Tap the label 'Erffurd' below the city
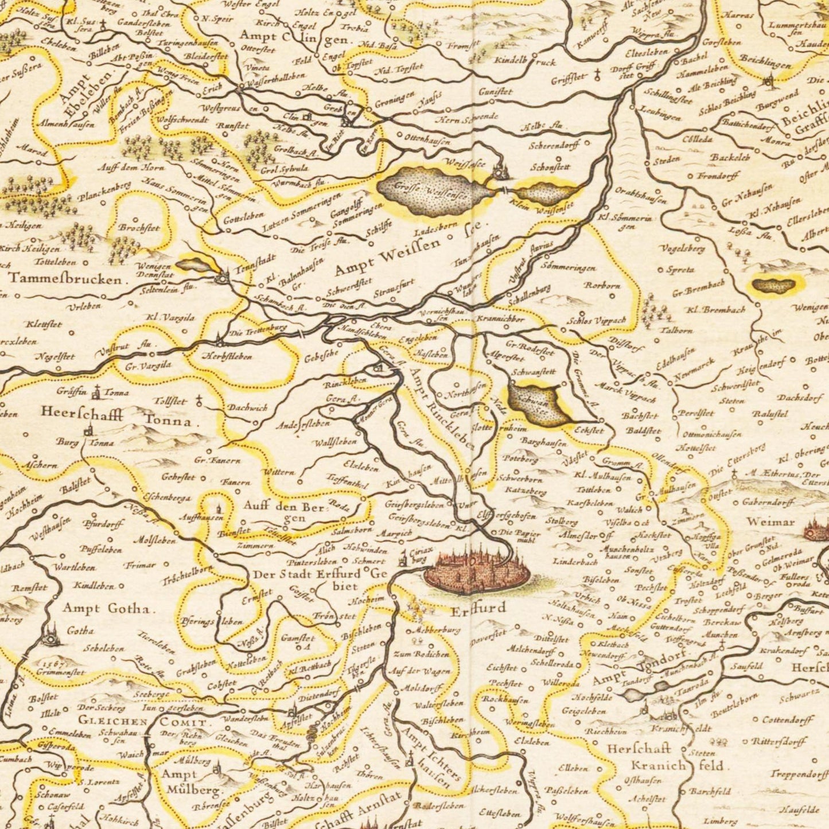[477, 608]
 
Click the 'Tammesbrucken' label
[66, 280]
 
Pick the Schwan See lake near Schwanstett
[534, 404]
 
